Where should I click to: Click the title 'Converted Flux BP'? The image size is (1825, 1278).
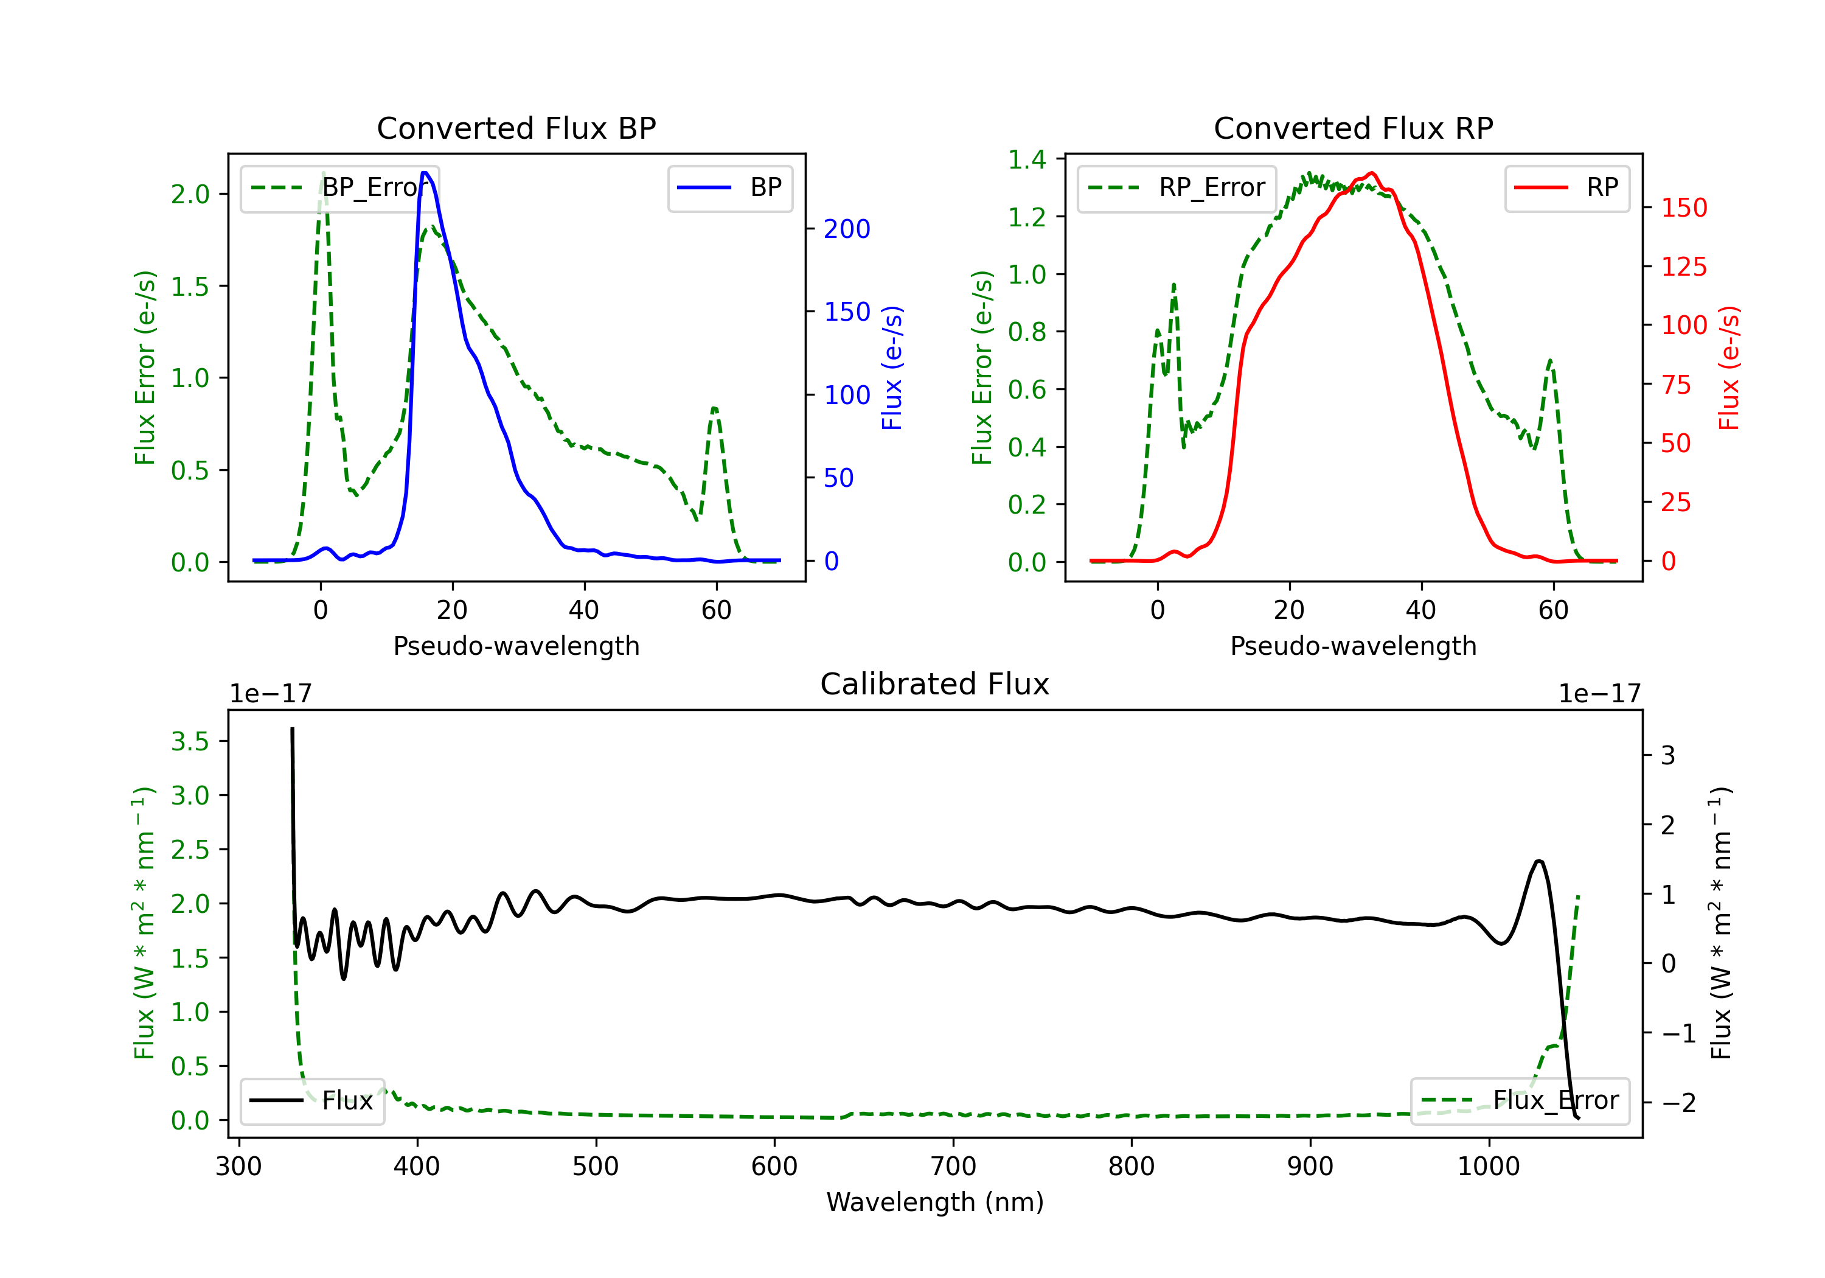(x=516, y=128)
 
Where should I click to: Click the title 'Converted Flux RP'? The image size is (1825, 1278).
(x=1353, y=128)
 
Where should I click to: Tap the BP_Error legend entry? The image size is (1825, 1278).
(x=339, y=187)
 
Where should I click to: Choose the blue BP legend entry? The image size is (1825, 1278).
(x=729, y=187)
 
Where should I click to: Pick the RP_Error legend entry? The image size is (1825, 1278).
(x=1177, y=187)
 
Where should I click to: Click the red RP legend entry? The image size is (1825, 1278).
(x=1566, y=187)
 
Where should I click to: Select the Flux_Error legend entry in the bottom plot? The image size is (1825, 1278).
(x=1519, y=1101)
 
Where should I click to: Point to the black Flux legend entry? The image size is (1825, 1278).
(x=311, y=1101)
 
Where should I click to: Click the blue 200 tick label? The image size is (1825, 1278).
(x=847, y=229)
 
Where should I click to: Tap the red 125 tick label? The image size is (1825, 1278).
(x=1683, y=267)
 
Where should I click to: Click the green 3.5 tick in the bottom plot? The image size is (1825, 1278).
(x=190, y=741)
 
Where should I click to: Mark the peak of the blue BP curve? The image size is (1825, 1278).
(x=425, y=173)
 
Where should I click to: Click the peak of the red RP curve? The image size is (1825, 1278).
(x=1372, y=173)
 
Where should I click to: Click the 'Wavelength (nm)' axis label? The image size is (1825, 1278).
(x=935, y=1202)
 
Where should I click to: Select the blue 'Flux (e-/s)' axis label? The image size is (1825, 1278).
(x=892, y=368)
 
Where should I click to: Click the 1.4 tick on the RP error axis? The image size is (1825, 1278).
(x=1027, y=160)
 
